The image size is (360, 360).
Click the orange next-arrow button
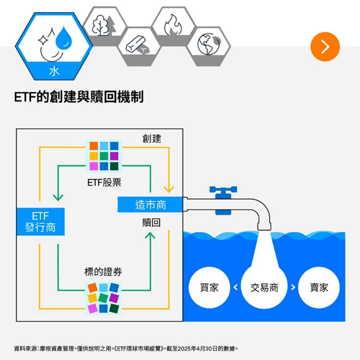(325, 47)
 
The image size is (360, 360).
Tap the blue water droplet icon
(64, 37)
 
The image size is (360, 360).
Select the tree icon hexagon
(104, 26)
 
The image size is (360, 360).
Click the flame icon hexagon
(173, 26)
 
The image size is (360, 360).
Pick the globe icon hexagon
(208, 46)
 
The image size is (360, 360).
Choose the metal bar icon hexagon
(139, 46)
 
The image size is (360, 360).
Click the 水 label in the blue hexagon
(54, 71)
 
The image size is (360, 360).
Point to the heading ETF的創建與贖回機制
(79, 97)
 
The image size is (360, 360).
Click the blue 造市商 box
(150, 205)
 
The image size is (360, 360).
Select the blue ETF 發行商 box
(41, 221)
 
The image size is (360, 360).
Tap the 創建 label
(152, 139)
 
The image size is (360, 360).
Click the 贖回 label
(151, 223)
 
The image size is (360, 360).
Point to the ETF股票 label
(104, 182)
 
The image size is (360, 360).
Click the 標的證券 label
(103, 272)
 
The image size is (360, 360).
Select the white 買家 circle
(209, 287)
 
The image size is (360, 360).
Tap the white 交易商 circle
(264, 287)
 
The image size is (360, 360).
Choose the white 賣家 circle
(319, 287)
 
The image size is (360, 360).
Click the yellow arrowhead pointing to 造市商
(169, 190)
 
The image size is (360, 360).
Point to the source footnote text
(126, 349)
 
